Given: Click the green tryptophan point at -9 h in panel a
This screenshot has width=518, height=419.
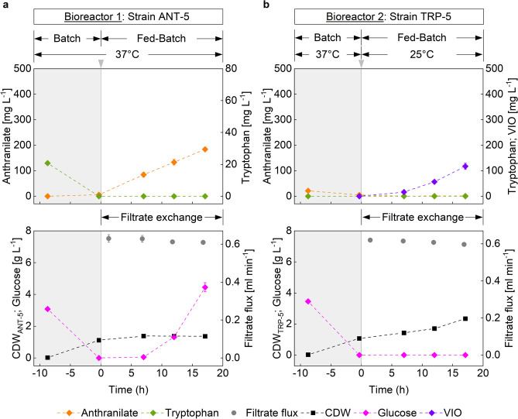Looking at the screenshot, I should pyautogui.click(x=47, y=163).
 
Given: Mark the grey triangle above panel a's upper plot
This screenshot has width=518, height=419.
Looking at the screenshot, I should pyautogui.click(x=101, y=73).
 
